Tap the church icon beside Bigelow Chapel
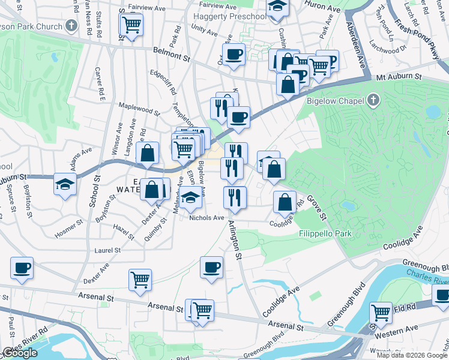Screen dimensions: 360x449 click(373, 100)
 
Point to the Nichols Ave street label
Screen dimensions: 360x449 click(206, 218)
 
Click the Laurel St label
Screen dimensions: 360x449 click(108, 250)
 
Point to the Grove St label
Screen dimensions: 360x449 click(316, 205)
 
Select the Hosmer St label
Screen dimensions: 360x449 click(69, 222)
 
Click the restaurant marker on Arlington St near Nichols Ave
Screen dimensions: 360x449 click(235, 198)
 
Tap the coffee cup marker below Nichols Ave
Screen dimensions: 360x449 click(211, 268)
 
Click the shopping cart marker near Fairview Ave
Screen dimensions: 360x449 click(131, 25)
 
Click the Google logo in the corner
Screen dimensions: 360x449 click(20, 353)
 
